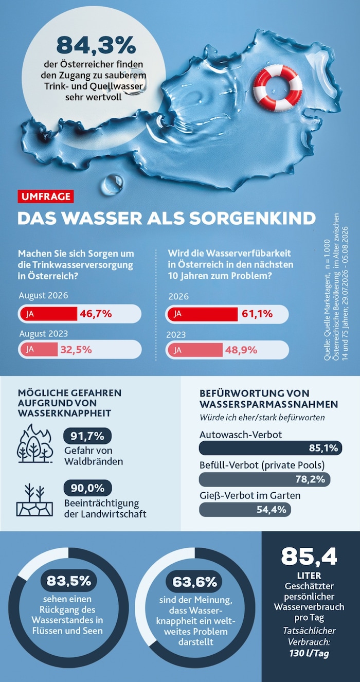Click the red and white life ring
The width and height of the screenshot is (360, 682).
pos(277,87)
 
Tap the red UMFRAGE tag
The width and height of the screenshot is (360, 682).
pos(46,196)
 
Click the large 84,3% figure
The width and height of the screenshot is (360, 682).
pos(96,45)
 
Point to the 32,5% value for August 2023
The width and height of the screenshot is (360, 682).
pos(76,350)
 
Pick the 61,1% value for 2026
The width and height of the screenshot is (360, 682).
pos(257,314)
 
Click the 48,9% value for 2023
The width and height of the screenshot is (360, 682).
pos(241,350)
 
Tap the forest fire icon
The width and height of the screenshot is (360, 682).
pos(34,444)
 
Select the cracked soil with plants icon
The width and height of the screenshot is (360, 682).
pos(34,499)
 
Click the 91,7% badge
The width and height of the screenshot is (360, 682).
pos(87,436)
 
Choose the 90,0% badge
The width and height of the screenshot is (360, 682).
pos(87,488)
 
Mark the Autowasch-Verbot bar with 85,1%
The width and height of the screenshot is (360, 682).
pos(271,448)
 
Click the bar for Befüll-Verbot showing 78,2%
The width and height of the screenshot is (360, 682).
pos(264,479)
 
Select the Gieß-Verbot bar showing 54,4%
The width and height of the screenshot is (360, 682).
pos(245,509)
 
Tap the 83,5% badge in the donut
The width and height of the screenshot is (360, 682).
pos(69,581)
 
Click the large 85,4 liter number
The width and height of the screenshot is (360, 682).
pos(309,557)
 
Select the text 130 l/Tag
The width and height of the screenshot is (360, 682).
pos(309,653)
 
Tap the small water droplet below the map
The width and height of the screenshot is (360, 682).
pos(112,184)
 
